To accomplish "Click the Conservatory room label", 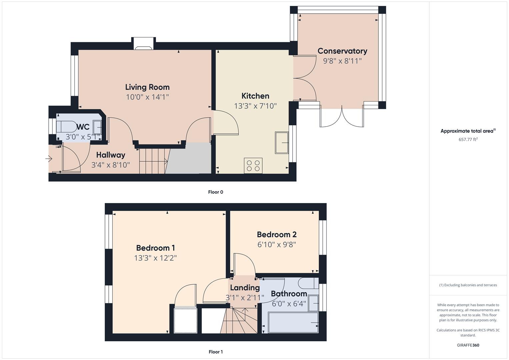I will click(342, 51).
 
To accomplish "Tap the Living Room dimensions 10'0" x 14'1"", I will click(147, 97).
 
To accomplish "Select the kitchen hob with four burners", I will click(253, 165).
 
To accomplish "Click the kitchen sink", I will click(281, 143).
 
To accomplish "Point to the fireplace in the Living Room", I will click(144, 45).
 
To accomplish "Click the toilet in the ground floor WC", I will click(66, 127).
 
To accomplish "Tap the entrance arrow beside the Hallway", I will click(49, 159).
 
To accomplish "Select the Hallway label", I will click(111, 155).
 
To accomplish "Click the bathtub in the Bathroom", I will click(293, 323).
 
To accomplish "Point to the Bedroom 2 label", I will click(277, 235).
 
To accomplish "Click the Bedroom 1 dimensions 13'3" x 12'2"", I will click(155, 258).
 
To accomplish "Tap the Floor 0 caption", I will click(216, 192).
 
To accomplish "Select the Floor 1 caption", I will click(216, 352).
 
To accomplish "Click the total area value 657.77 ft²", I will click(468, 139).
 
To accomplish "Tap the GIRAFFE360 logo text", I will click(468, 345).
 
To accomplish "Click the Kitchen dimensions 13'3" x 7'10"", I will click(255, 106).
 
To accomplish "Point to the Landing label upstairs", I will click(245, 288).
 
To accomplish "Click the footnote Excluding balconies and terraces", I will click(468, 285).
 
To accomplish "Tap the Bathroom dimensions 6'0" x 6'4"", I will click(289, 304).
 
